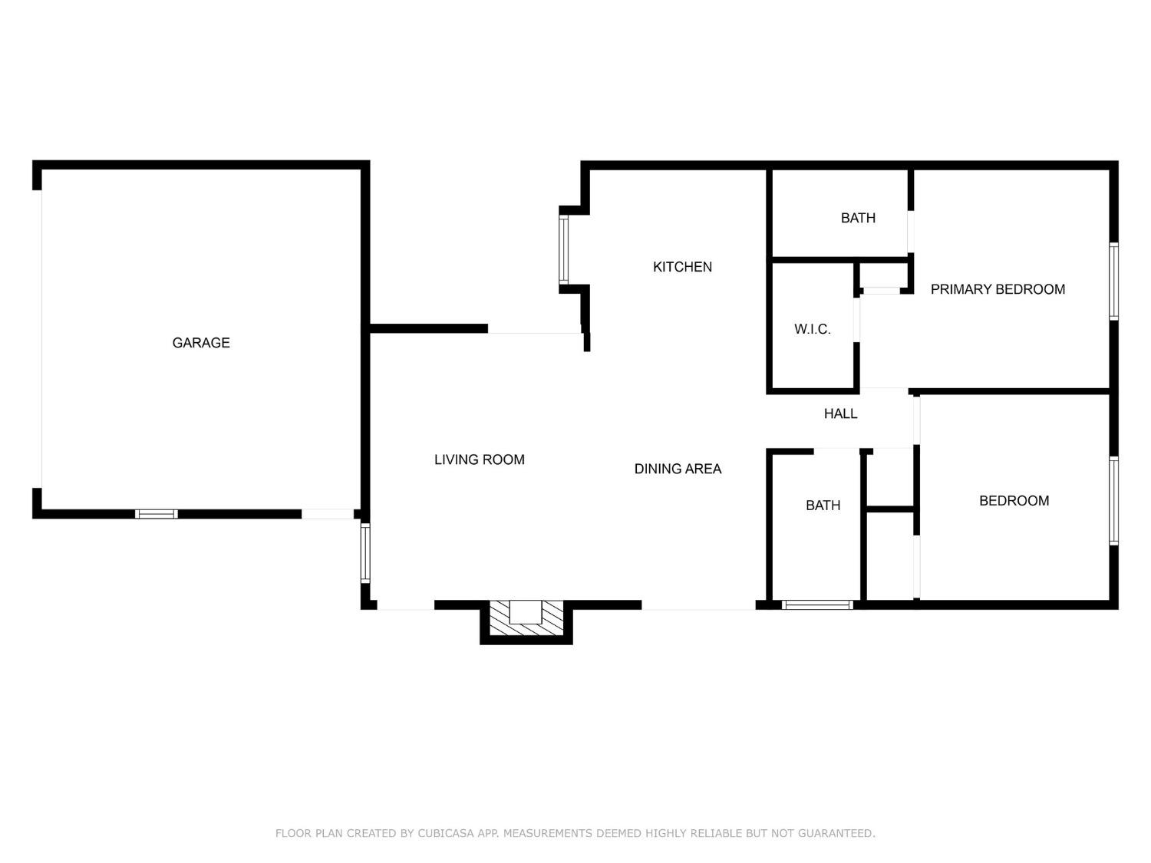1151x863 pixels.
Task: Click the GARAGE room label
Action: tap(201, 343)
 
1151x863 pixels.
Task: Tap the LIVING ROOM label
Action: tap(480, 459)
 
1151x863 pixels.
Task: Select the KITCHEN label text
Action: tap(682, 267)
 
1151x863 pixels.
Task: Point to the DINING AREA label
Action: tap(678, 469)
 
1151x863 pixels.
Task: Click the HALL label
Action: tap(840, 413)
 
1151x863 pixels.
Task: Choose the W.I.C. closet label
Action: tap(812, 329)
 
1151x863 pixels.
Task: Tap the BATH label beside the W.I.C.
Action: tap(858, 218)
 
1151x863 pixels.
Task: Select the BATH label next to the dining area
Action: tap(823, 506)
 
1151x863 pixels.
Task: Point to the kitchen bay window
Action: tap(563, 249)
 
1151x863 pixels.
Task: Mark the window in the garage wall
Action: tap(157, 514)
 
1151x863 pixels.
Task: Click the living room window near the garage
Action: tap(365, 552)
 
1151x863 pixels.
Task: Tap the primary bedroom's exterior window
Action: tap(1113, 281)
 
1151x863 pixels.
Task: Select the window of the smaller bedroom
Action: tap(1113, 500)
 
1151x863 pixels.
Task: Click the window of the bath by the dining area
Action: tap(816, 604)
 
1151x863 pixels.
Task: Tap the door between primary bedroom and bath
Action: tap(911, 232)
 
